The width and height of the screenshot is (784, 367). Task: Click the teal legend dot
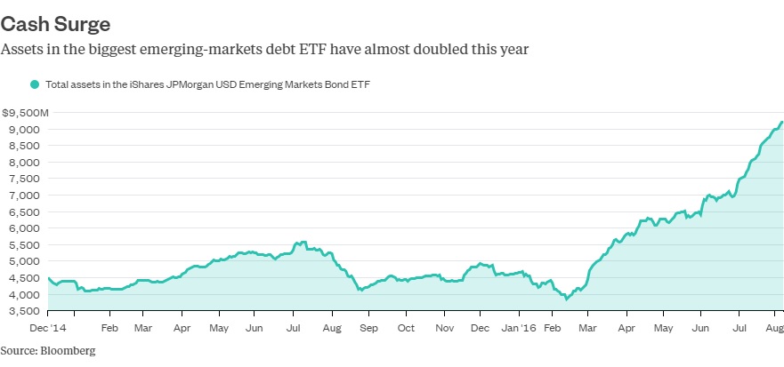[x=35, y=84]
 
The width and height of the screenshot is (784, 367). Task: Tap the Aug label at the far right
[x=774, y=329]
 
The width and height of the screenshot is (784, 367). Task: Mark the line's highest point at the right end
[x=781, y=123]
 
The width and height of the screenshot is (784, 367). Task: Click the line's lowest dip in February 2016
[x=567, y=299]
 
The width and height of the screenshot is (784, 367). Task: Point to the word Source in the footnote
[x=18, y=350]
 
